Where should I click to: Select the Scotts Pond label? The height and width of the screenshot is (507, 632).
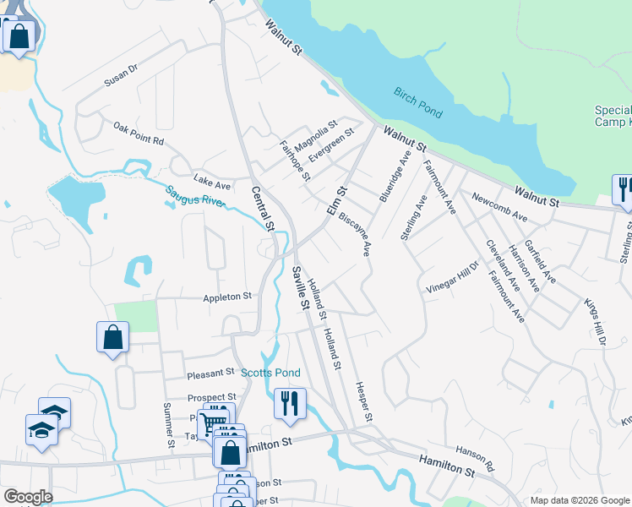click(270, 373)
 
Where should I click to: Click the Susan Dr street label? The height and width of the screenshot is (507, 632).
click(120, 76)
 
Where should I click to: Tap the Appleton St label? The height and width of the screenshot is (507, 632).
click(227, 297)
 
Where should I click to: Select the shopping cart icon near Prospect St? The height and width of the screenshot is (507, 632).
click(215, 420)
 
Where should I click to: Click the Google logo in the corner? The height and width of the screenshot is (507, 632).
click(27, 497)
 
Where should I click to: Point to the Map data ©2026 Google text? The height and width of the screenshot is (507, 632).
click(579, 500)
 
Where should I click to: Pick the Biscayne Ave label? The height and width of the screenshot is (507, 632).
click(355, 233)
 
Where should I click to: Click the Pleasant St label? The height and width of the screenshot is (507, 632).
click(210, 372)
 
